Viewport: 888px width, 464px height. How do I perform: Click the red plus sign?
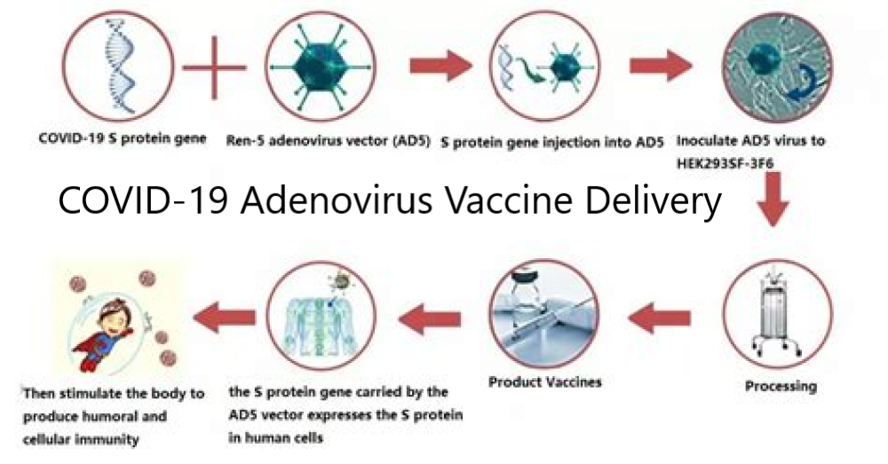click(x=214, y=67)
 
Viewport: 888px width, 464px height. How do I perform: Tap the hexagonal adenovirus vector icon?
click(x=321, y=67)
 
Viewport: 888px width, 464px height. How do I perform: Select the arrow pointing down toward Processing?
click(x=773, y=199)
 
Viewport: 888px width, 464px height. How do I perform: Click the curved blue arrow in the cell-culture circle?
click(x=802, y=82)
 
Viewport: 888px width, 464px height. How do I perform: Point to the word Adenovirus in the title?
click(x=334, y=200)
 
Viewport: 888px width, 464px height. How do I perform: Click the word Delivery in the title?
click(x=653, y=201)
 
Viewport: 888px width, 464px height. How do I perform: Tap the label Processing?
click(x=781, y=387)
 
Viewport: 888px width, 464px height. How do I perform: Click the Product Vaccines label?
click(x=545, y=382)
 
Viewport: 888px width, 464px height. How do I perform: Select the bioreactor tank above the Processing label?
click(x=777, y=314)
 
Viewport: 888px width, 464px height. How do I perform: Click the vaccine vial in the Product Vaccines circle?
click(x=525, y=299)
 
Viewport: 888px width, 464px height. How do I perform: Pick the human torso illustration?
click(x=320, y=326)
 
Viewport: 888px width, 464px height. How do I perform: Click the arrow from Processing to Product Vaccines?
click(x=659, y=318)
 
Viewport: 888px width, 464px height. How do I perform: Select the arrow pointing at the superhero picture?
click(x=225, y=317)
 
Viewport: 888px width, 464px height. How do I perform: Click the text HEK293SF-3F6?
click(x=725, y=163)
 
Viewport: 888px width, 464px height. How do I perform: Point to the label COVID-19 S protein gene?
click(x=123, y=138)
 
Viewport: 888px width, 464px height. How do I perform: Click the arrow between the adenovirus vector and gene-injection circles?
click(x=440, y=66)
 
